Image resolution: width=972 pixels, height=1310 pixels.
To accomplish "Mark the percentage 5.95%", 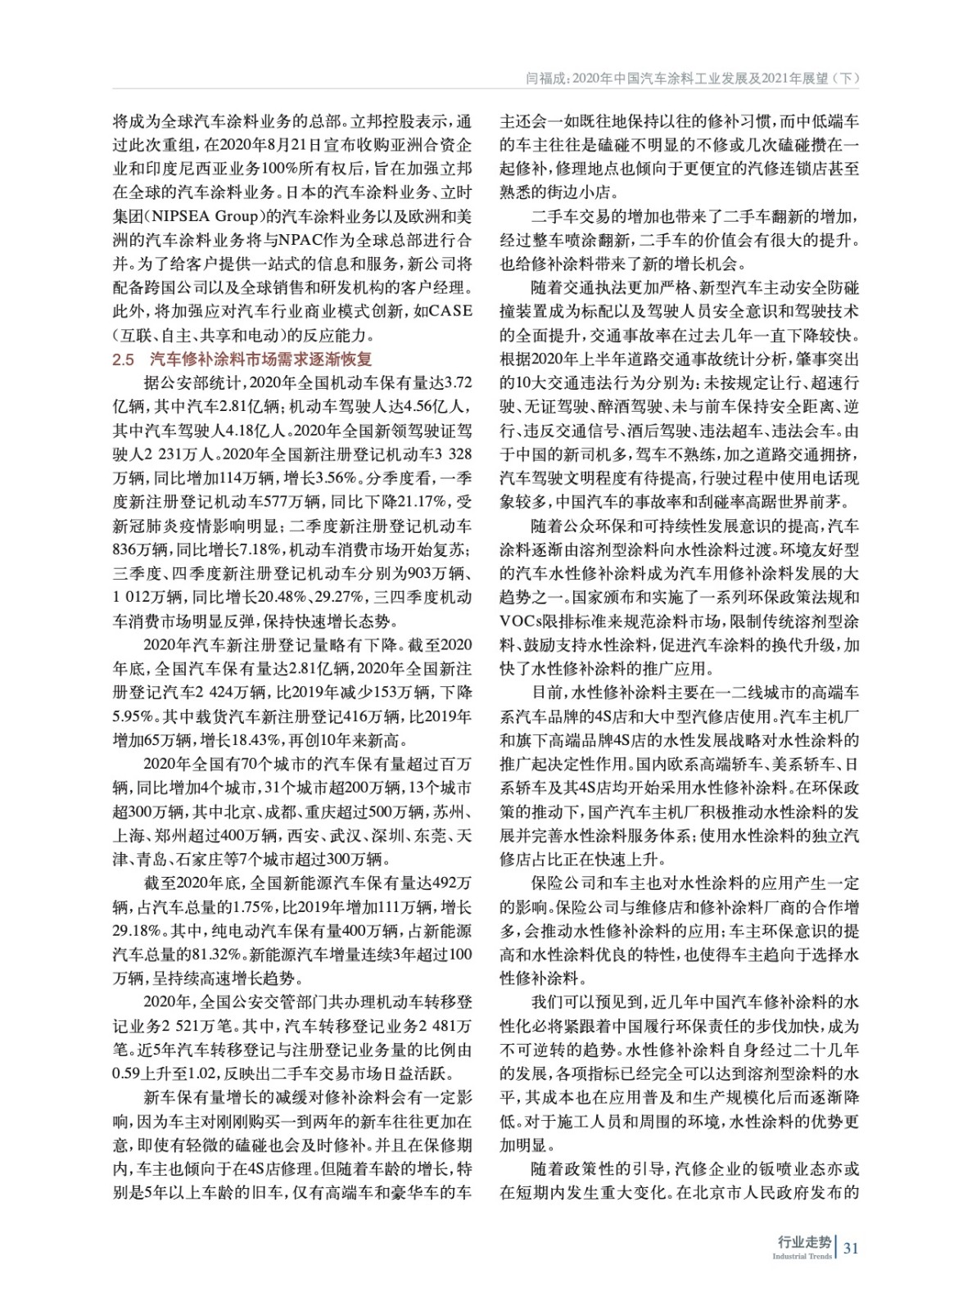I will [x=135, y=716].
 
